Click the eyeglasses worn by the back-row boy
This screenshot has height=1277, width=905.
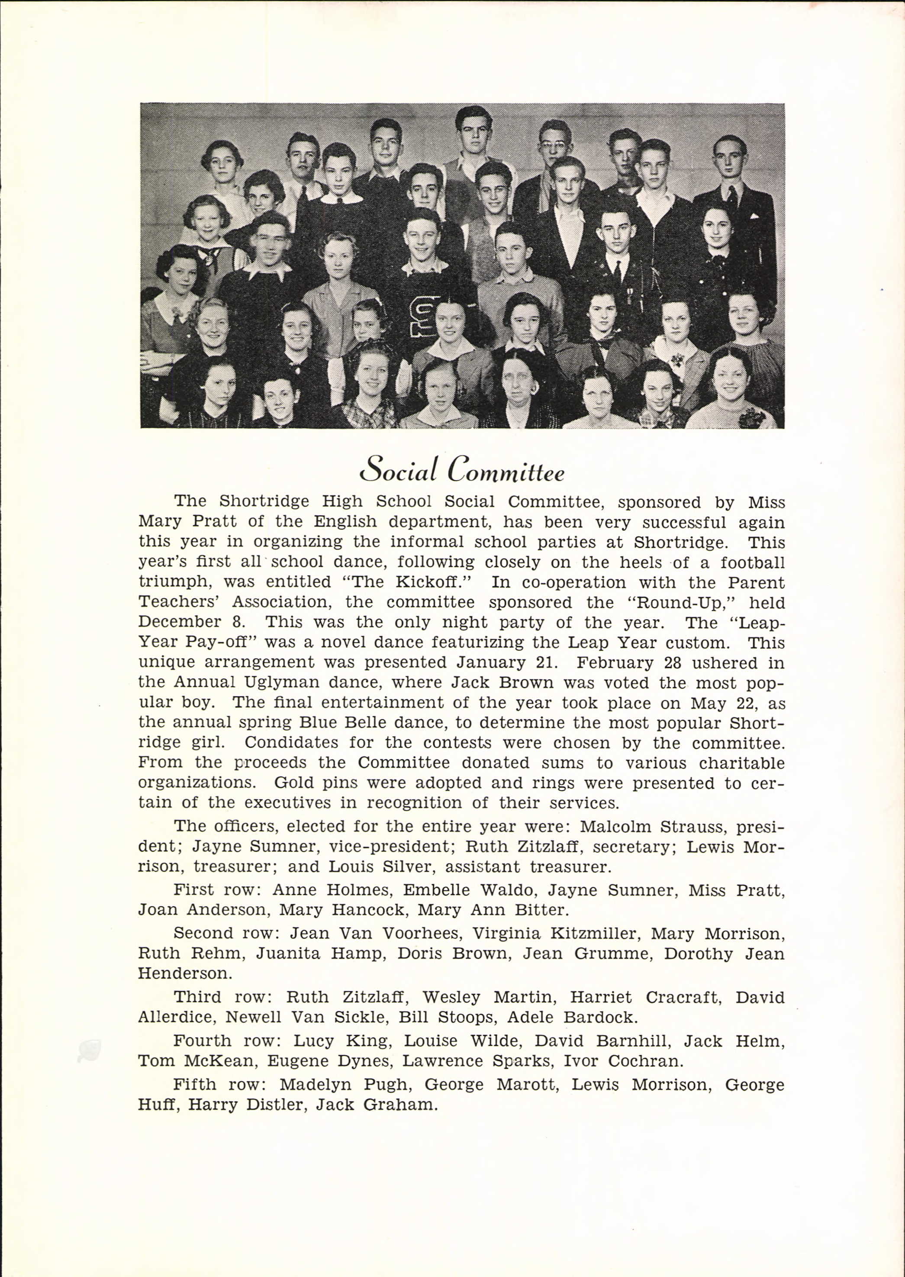(554, 144)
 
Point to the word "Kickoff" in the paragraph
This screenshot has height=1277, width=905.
(434, 582)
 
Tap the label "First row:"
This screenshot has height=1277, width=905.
(217, 889)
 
